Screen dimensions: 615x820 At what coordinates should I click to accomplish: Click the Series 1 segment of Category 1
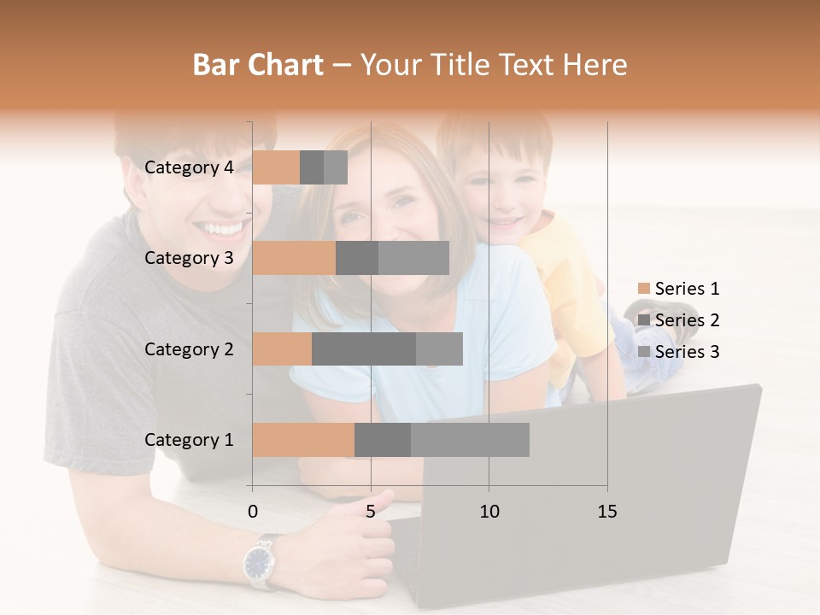point(303,440)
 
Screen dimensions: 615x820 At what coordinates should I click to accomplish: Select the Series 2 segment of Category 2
point(364,348)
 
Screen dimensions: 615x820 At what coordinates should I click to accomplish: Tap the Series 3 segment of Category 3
point(413,258)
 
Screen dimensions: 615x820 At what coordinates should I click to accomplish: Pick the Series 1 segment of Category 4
point(276,167)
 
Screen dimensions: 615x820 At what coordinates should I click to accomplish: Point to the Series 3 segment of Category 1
point(470,440)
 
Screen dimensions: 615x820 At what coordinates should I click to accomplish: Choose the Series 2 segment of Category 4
point(312,167)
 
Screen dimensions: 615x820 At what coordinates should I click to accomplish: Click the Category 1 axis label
point(189,440)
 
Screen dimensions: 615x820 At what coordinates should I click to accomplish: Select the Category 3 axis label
point(189,258)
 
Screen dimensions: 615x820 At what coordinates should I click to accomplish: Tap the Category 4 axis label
point(189,167)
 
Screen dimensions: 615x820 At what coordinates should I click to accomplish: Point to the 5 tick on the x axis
point(371,512)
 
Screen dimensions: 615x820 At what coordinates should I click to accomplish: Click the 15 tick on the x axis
point(607,512)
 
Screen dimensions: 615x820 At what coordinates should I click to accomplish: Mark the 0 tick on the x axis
point(253,512)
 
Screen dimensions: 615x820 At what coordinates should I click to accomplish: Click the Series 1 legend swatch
point(643,289)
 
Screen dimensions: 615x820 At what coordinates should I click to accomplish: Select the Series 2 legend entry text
point(687,320)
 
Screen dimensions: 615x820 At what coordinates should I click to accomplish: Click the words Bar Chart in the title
point(258,65)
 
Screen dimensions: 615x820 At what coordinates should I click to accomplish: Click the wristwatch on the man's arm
point(259,561)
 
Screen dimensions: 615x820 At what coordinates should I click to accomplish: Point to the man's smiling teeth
point(221,229)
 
